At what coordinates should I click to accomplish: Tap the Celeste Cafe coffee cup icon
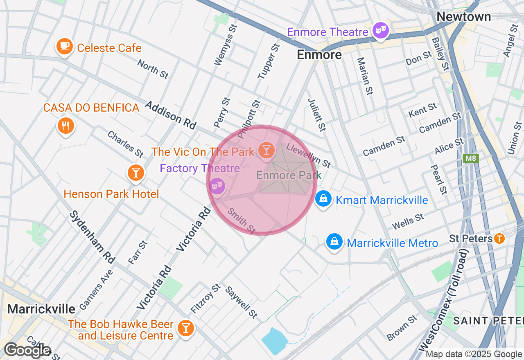click(x=64, y=46)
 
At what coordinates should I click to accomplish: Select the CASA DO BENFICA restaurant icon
click(x=65, y=126)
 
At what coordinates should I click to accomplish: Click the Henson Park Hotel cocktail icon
click(x=136, y=172)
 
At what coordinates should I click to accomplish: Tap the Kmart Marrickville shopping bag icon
click(x=323, y=199)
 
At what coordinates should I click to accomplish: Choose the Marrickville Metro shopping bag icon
click(x=334, y=242)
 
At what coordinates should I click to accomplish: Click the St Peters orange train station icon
click(x=499, y=238)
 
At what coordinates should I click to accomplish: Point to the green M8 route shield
click(x=471, y=158)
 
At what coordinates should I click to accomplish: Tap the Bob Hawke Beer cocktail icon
click(x=185, y=328)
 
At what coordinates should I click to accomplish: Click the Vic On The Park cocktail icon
click(x=267, y=151)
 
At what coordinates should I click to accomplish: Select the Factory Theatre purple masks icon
click(x=217, y=186)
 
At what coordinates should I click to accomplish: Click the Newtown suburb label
click(x=463, y=17)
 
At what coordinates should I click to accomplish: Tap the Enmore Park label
click(x=289, y=175)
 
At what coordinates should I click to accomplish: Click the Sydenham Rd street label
click(x=92, y=237)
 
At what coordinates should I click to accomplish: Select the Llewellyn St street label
click(x=309, y=155)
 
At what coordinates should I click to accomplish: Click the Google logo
click(x=27, y=351)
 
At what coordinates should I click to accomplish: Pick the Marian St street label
click(x=365, y=76)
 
